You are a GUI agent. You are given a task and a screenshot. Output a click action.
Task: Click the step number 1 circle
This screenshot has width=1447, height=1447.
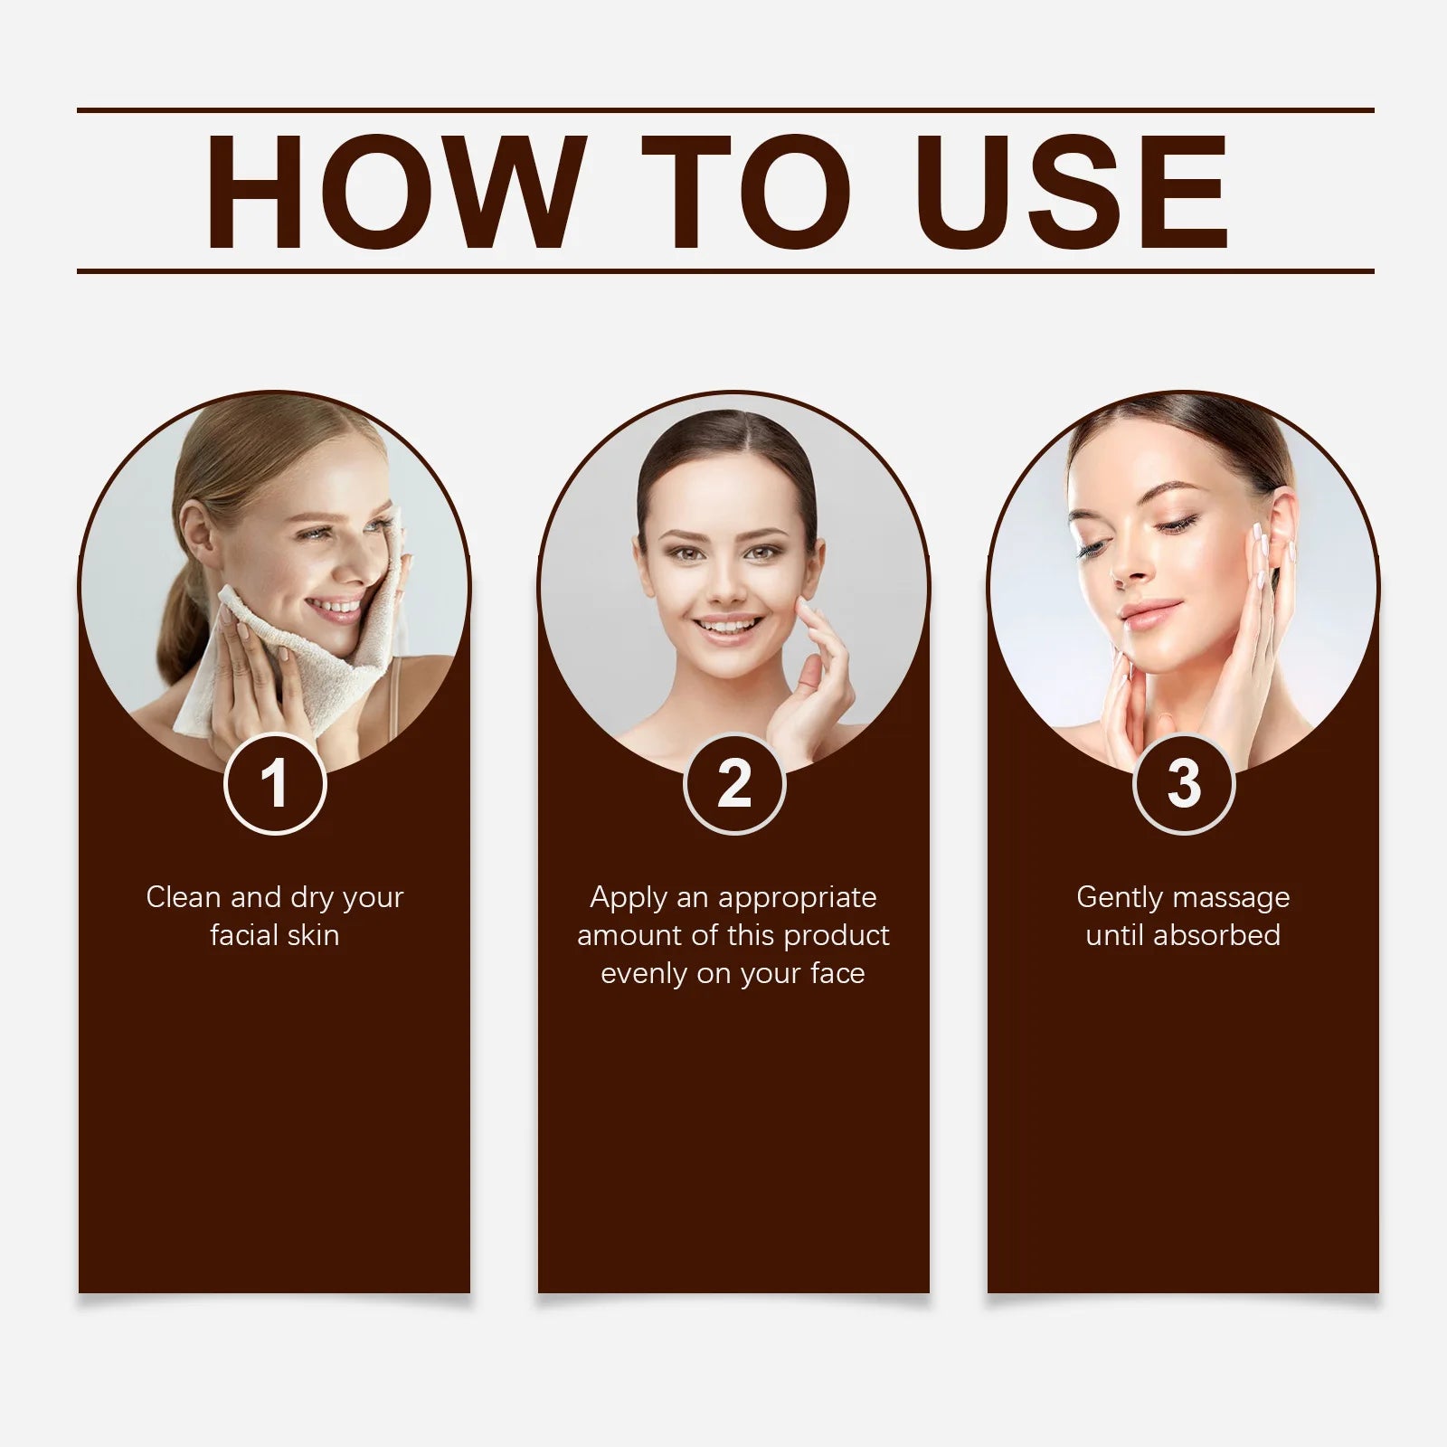pyautogui.click(x=275, y=783)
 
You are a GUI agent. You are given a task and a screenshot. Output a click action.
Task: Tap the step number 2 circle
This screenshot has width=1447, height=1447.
pyautogui.click(x=734, y=783)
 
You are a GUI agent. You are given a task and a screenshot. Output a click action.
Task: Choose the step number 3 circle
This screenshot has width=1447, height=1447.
pyautogui.click(x=1184, y=783)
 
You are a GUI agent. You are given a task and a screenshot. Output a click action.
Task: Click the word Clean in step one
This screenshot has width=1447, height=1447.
pyautogui.click(x=184, y=897)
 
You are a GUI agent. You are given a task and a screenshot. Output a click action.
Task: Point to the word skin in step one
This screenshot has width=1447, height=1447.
pyautogui.click(x=313, y=935)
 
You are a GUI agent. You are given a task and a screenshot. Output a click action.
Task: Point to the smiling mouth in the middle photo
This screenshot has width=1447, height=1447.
pyautogui.click(x=729, y=627)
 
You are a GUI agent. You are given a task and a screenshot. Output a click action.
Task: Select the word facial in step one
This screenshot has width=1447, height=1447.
pyautogui.click(x=244, y=935)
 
